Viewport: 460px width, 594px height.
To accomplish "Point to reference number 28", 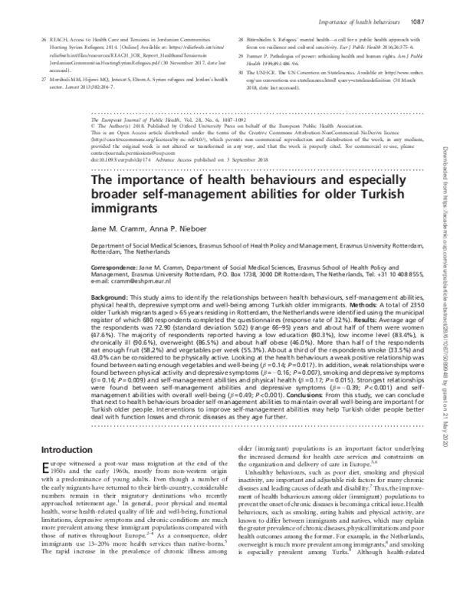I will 241,38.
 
